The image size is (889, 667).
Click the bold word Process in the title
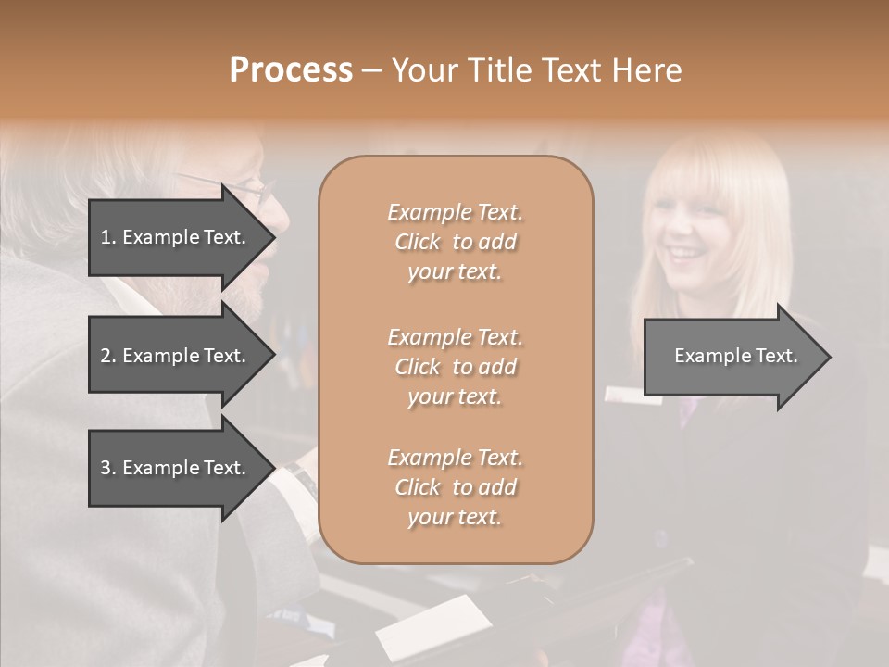291,70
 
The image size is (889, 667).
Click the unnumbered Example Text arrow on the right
736,356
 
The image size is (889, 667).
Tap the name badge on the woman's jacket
633,395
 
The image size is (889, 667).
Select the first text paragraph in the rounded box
455,242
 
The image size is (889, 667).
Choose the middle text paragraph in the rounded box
455,367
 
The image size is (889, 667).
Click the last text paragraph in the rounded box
455,487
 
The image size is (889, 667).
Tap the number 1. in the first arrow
108,237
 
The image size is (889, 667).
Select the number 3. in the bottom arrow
108,468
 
